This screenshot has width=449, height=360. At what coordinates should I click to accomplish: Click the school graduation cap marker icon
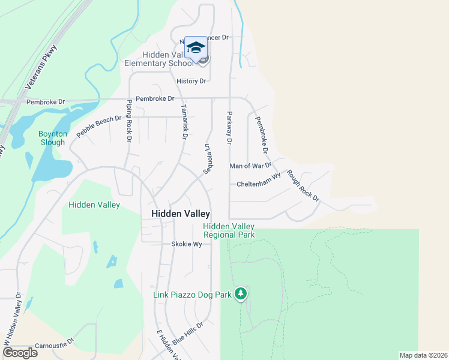[196, 47]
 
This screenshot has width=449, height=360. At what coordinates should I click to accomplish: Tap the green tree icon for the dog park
[241, 293]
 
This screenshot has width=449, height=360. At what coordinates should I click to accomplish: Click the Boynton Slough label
[52, 138]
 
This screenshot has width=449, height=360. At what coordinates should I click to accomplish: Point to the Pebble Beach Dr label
[99, 127]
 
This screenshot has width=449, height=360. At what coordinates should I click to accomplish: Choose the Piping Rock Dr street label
[128, 120]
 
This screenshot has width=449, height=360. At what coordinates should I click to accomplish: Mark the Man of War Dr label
[251, 165]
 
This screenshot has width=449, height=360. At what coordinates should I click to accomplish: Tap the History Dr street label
[191, 81]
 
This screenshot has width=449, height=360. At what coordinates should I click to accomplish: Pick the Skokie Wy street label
[185, 244]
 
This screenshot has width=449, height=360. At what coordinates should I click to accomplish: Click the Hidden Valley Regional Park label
[229, 230]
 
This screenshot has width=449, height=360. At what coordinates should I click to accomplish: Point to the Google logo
[20, 352]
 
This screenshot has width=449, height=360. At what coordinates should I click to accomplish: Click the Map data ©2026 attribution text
[423, 355]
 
